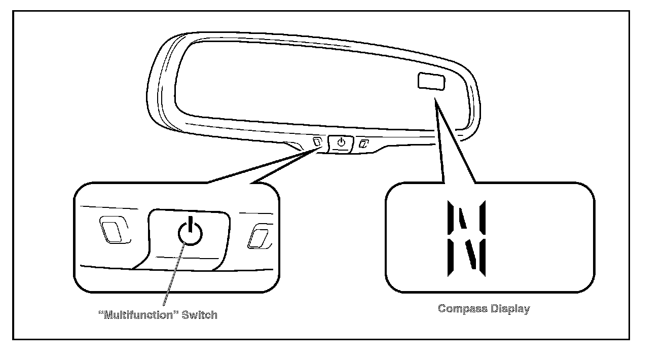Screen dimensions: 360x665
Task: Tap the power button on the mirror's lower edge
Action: coord(341,142)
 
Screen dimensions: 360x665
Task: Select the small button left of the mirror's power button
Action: coord(317,141)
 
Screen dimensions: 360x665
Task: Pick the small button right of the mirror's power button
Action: coord(363,144)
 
